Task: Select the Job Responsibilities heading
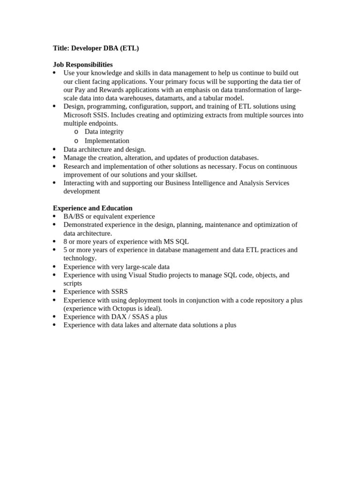[x=82, y=65]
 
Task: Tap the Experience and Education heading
[x=92, y=208]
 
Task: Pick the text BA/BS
[x=73, y=217]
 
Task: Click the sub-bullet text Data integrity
[x=104, y=132]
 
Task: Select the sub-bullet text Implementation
[x=107, y=141]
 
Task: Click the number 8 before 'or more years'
[x=66, y=242]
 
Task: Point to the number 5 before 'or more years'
[x=66, y=250]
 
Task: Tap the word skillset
[x=184, y=174]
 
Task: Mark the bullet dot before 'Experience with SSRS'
[x=54, y=292]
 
